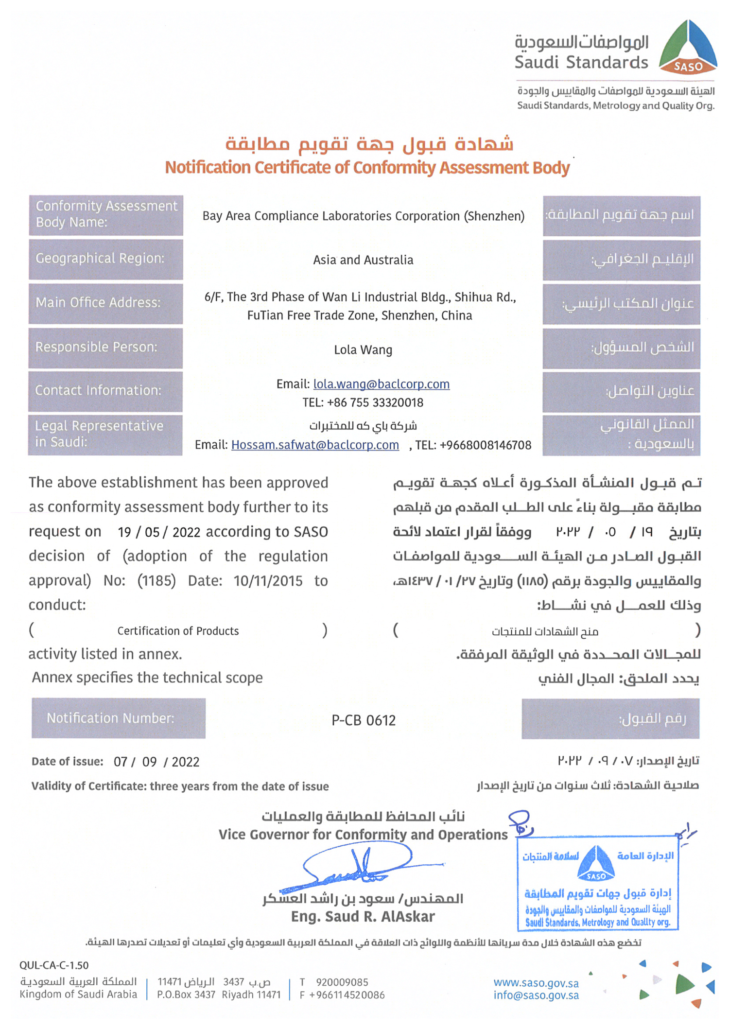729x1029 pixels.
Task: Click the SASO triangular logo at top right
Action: tap(688, 48)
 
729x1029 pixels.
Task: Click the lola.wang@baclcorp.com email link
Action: tap(381, 384)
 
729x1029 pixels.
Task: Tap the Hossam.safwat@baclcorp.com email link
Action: tap(315, 445)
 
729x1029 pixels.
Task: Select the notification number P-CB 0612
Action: tap(364, 720)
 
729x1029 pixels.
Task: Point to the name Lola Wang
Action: tap(363, 350)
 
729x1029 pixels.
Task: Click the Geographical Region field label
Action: tap(105, 259)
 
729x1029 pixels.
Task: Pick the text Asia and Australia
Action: tap(363, 260)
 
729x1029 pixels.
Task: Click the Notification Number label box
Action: tap(119, 718)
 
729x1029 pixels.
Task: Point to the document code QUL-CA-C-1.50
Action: tap(54, 965)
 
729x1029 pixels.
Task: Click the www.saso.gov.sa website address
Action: tap(536, 983)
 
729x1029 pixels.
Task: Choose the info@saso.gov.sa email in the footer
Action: tap(536, 995)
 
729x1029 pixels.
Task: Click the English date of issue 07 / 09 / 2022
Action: tap(156, 762)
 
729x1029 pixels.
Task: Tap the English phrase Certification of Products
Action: tap(178, 631)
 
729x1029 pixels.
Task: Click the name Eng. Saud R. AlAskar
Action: tap(363, 917)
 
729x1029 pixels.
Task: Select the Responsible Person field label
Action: tap(105, 348)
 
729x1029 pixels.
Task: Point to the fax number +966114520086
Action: tap(347, 995)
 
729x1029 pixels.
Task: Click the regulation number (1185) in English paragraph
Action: tap(156, 581)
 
